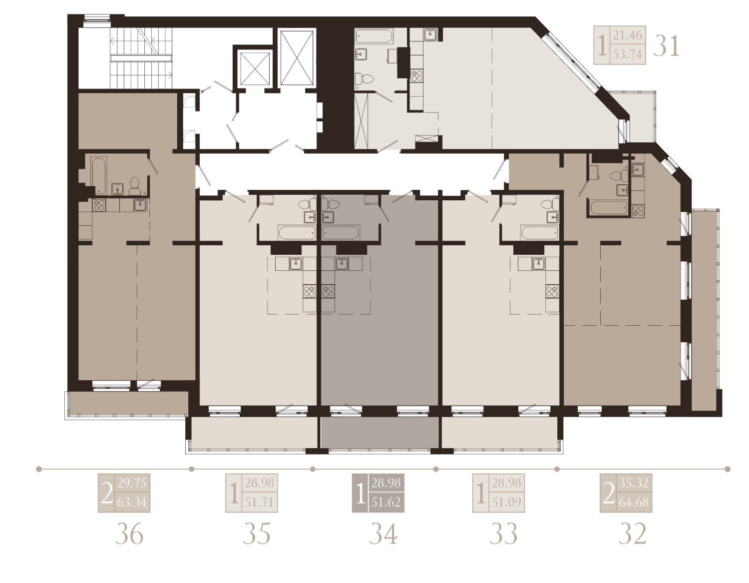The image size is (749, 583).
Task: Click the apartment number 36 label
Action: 129,534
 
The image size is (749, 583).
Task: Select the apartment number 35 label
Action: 257,534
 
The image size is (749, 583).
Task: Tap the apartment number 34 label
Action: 383,534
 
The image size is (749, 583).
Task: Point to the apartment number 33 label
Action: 504,534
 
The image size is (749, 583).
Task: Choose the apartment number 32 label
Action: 633,534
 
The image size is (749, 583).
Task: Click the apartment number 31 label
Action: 666,46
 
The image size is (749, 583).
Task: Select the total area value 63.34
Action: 132,503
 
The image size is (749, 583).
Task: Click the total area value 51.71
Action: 260,503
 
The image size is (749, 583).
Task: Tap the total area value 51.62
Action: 386,503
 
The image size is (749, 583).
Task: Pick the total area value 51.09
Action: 506,503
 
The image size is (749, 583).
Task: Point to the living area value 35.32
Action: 634,483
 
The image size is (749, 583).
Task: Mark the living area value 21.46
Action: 627,35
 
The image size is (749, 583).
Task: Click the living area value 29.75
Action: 132,483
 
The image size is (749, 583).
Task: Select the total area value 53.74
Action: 627,54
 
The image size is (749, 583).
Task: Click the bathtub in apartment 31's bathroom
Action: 374,36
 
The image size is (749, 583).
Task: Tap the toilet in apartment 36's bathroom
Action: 134,186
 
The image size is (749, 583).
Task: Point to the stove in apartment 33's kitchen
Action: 552,291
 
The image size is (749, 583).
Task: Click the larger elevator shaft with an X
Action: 297,57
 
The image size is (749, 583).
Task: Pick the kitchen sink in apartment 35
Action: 296,264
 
